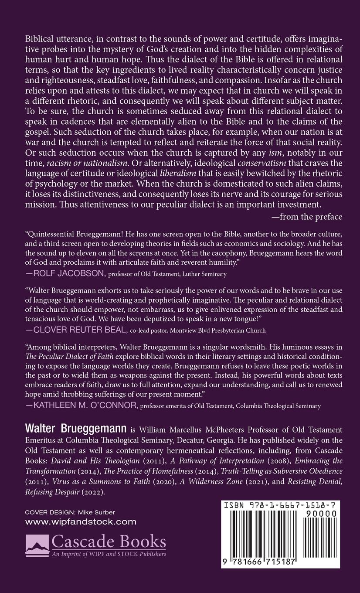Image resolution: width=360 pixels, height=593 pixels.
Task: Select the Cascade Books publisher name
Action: coord(109,542)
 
